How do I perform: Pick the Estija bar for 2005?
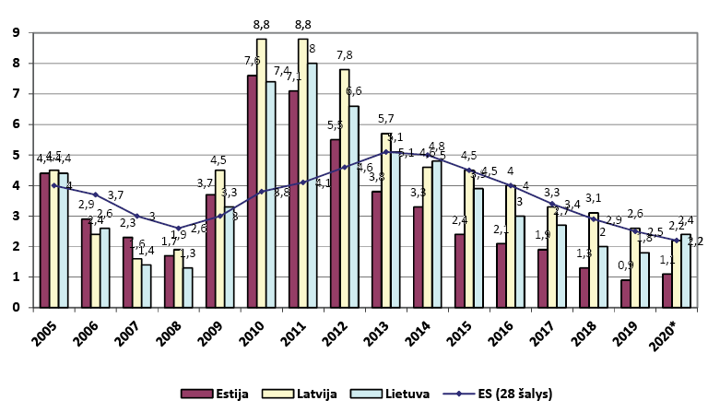pyautogui.click(x=44, y=240)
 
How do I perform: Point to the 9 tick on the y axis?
pyautogui.click(x=17, y=33)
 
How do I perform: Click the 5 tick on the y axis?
pyautogui.click(x=17, y=155)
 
